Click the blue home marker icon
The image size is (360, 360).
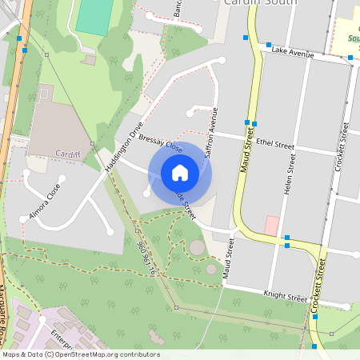pyautogui.click(x=180, y=173)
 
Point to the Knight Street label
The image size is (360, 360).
pyautogui.click(x=286, y=295)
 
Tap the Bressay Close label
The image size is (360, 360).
pyautogui.click(x=160, y=143)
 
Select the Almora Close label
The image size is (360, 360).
pyautogui.click(x=45, y=202)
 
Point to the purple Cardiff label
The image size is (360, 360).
pyautogui.click(x=69, y=153)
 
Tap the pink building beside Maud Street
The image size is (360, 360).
pyautogui.click(x=272, y=226)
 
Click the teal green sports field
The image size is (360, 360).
pyautogui.click(x=94, y=17)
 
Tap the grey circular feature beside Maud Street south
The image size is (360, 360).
pyautogui.click(x=197, y=247)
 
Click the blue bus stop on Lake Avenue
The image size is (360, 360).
pyautogui.click(x=269, y=45)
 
